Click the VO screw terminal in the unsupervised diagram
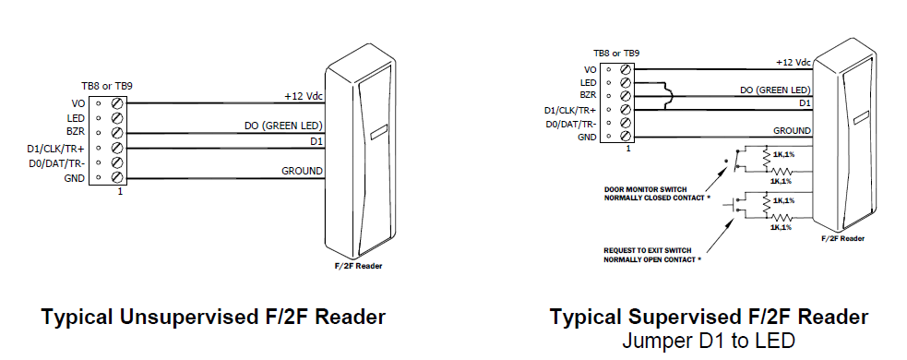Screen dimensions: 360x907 [117, 103]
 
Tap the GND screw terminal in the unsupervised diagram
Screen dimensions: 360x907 [117, 176]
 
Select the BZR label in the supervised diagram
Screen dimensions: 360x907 [588, 96]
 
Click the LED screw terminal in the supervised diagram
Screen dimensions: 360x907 [627, 82]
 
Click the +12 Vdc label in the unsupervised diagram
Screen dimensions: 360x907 [302, 96]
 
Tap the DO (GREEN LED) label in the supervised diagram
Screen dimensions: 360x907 [776, 90]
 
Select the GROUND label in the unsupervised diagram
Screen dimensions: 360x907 [303, 171]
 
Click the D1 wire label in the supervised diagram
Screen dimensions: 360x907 [804, 103]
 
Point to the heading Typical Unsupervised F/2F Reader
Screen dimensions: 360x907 [213, 318]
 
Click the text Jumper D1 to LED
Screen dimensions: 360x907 [709, 340]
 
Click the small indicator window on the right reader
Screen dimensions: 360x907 [859, 118]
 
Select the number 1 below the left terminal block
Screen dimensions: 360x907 [119, 192]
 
